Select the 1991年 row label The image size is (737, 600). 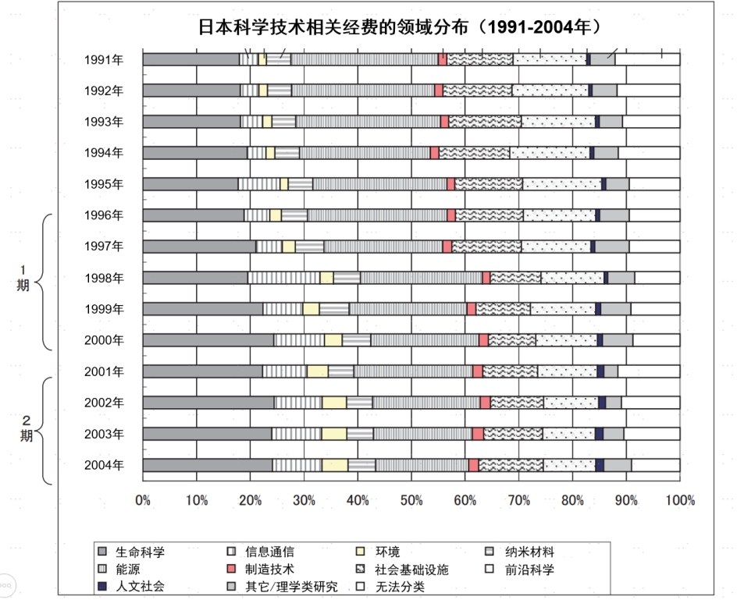click(x=104, y=59)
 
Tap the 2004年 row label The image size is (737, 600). click(x=104, y=465)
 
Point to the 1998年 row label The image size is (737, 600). click(x=104, y=278)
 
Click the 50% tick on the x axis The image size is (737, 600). click(x=412, y=500)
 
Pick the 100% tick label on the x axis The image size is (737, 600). click(x=679, y=500)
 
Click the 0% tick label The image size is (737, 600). click(x=143, y=500)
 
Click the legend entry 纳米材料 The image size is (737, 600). click(x=529, y=552)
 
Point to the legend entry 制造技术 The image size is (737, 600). click(x=269, y=570)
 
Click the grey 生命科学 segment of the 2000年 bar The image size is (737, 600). click(x=208, y=340)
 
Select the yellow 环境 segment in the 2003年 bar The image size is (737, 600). click(x=333, y=434)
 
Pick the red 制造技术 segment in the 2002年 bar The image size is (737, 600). click(x=485, y=403)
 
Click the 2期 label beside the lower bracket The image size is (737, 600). click(x=27, y=429)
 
